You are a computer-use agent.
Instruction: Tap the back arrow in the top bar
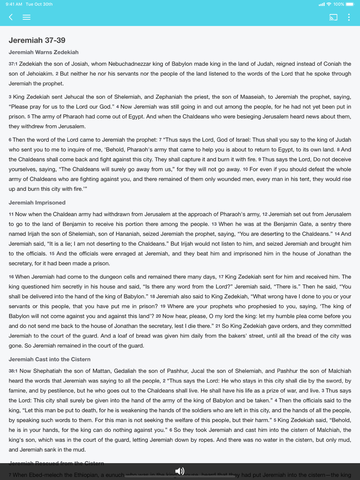(11, 17)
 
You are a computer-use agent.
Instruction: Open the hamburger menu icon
(26, 17)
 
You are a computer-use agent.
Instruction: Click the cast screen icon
(333, 17)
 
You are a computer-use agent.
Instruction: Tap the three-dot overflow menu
(348, 17)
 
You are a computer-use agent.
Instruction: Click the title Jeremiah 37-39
(37, 40)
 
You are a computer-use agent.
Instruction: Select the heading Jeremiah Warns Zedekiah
(44, 52)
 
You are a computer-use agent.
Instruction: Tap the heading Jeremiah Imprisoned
(37, 203)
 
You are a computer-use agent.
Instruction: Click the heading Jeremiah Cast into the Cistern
(49, 359)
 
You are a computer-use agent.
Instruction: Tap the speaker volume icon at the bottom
(180, 471)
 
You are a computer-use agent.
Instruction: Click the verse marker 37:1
(13, 64)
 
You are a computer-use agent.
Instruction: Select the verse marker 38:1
(13, 371)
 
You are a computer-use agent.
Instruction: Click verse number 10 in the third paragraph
(245, 169)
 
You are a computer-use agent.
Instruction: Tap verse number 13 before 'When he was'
(214, 224)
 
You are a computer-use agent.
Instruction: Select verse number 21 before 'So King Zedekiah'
(218, 326)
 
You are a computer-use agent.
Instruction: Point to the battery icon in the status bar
(350, 4)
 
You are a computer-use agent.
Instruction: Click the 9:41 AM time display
(14, 4)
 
